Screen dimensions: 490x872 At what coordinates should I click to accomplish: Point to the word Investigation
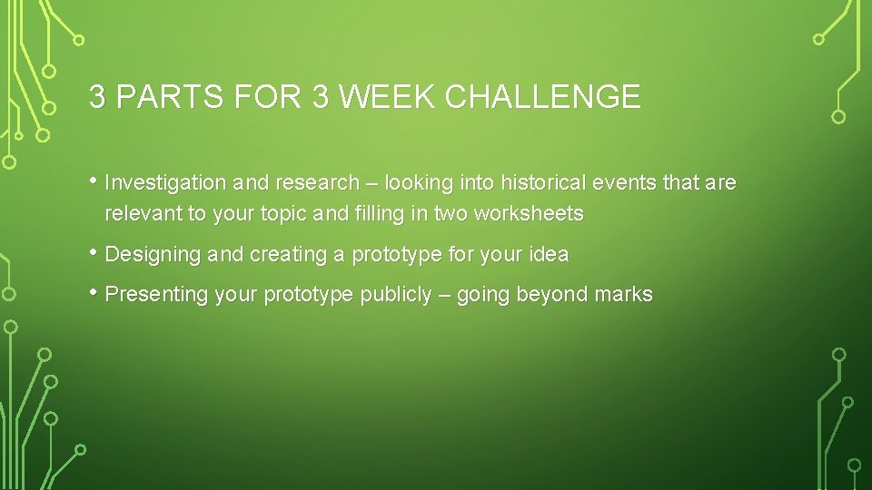point(165,183)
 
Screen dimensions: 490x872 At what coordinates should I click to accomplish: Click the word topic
point(287,215)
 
